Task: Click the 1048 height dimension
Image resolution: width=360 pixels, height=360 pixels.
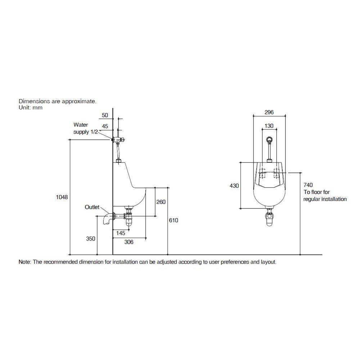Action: coord(62,197)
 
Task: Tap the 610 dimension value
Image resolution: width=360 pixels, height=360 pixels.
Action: coord(174,220)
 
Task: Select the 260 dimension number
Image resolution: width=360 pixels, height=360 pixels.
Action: coord(161,202)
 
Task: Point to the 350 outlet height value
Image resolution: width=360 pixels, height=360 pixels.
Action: coord(90,239)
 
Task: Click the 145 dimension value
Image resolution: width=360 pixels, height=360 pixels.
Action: coord(121,233)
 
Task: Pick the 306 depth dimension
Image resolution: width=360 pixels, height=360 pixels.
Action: coord(129,242)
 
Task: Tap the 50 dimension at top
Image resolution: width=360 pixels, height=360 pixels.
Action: coord(105,115)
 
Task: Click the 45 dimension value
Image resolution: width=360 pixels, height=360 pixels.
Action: coord(105,126)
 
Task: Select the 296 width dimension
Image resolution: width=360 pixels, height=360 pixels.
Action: coord(269,112)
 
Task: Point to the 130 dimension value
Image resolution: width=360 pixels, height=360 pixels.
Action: coord(269,126)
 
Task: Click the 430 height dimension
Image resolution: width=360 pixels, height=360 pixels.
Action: coord(234,185)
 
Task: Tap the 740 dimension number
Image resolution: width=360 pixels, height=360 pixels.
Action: coord(308,185)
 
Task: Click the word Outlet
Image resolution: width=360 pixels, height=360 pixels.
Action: coord(92,207)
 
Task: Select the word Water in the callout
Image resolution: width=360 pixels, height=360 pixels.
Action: coord(81,125)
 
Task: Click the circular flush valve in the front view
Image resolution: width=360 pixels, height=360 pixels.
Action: coord(269,139)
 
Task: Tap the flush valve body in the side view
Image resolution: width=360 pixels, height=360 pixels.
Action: coord(118,139)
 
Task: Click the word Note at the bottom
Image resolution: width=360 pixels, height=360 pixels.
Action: coord(24,262)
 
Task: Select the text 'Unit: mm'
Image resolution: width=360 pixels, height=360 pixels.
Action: coord(31,107)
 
